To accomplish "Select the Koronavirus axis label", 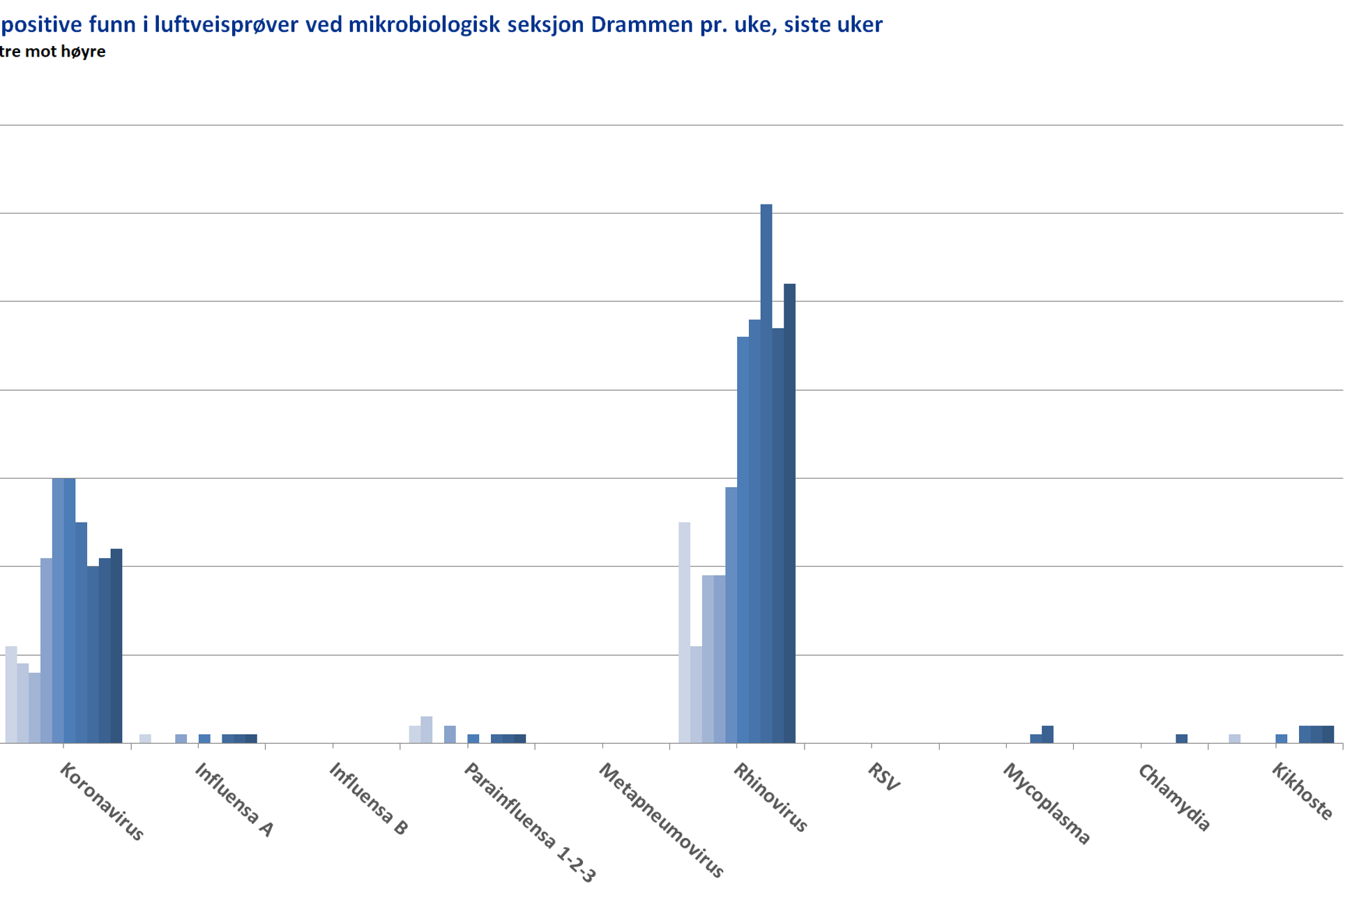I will coord(102,801).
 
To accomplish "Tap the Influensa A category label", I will coord(234,800).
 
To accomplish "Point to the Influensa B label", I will coord(368,799).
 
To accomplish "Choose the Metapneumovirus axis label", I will coord(661,820).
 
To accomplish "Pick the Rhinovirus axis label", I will coord(770,798).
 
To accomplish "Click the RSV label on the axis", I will coord(884,777).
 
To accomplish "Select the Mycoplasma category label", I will coord(1046,803).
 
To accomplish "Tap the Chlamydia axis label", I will coord(1174,798).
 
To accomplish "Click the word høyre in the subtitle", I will coord(84,52).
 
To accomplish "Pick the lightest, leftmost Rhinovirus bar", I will coord(685,632).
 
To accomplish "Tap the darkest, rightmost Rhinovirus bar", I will coord(789,513).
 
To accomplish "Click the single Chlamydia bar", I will coord(1182,739).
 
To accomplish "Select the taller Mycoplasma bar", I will coord(1047,735).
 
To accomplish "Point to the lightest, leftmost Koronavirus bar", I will coord(11,694).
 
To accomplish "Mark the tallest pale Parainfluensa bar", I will coord(427,730).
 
